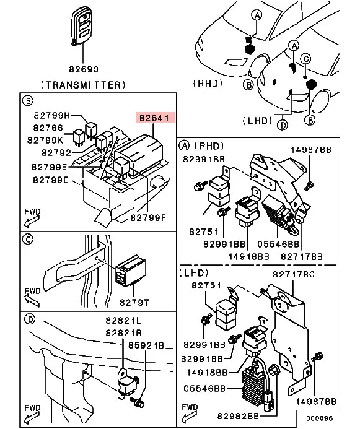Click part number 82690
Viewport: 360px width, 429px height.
(84, 69)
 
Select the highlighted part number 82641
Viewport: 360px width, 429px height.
(155, 118)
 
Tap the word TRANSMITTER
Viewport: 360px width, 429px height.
(83, 85)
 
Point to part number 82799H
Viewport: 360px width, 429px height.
(52, 116)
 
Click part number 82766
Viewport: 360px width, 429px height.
(48, 128)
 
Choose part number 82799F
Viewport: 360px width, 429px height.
(148, 218)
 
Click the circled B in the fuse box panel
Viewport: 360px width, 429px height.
(28, 102)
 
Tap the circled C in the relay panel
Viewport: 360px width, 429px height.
(28, 240)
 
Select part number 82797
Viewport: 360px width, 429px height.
(134, 303)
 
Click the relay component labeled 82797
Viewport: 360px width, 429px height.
(131, 271)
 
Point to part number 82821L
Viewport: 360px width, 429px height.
(123, 320)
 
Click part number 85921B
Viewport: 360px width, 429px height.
(146, 345)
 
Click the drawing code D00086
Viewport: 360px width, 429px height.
(320, 418)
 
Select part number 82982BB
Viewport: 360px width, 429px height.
(238, 416)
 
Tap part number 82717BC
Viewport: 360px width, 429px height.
(294, 274)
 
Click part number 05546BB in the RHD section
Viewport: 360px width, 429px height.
(278, 244)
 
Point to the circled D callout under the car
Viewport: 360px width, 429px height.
(283, 125)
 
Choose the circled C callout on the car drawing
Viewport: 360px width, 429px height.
(306, 59)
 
